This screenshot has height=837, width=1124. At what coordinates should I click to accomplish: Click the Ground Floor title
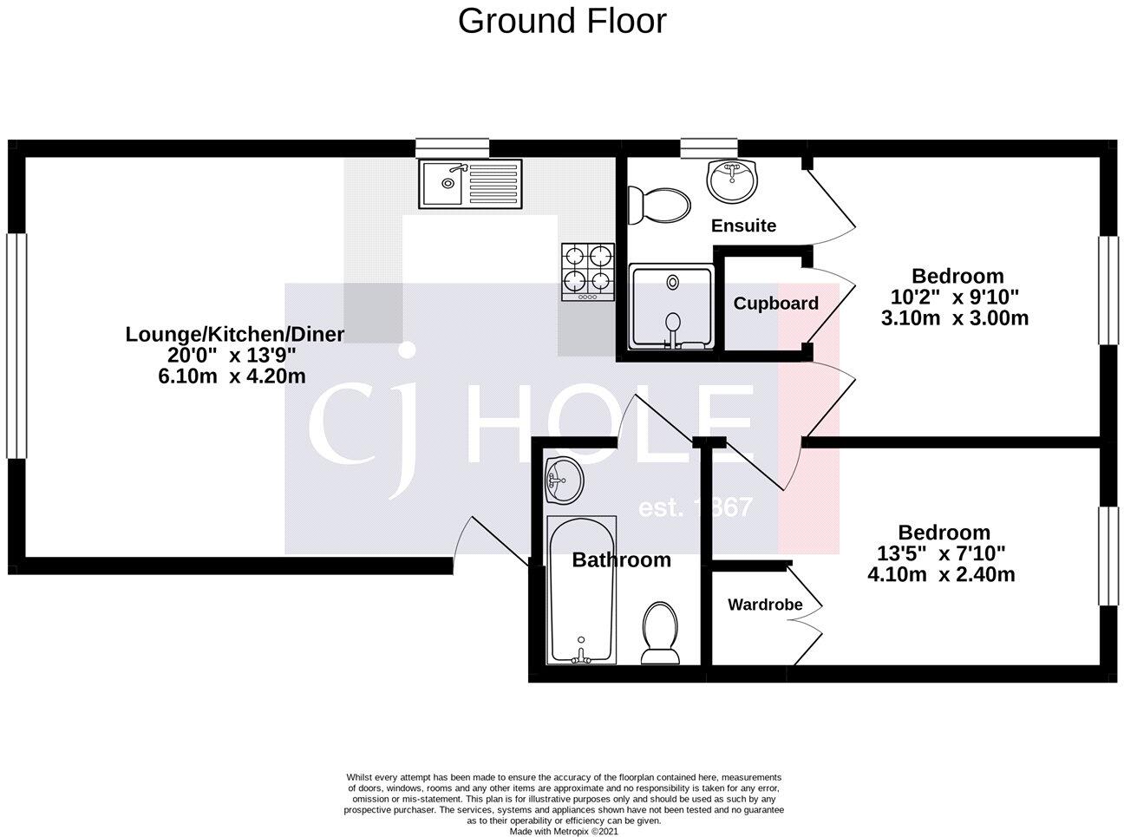click(562, 21)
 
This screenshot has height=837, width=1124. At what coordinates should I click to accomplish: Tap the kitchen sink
click(470, 183)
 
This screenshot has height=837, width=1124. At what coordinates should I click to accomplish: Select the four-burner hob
click(588, 271)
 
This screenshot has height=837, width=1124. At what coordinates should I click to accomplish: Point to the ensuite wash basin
click(732, 180)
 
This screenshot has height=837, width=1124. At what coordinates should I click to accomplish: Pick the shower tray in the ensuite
click(671, 307)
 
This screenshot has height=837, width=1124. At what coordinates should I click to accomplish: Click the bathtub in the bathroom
click(581, 591)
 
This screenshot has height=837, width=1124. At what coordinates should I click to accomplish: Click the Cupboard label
click(775, 304)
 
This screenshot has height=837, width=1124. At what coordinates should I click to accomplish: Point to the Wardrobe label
click(764, 605)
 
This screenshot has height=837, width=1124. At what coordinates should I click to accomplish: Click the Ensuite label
click(743, 226)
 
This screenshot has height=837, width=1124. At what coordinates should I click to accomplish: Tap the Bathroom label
click(621, 560)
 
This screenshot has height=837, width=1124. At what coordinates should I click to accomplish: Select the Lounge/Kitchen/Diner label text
click(235, 334)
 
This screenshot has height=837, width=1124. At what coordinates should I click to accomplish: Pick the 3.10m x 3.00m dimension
click(955, 317)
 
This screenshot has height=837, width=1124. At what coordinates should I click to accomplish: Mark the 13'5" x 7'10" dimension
click(941, 553)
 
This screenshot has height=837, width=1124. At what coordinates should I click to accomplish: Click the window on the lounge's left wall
click(16, 344)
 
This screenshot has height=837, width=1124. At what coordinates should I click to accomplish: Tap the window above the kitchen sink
click(452, 148)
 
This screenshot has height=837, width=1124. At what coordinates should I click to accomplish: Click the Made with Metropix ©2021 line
click(564, 830)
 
